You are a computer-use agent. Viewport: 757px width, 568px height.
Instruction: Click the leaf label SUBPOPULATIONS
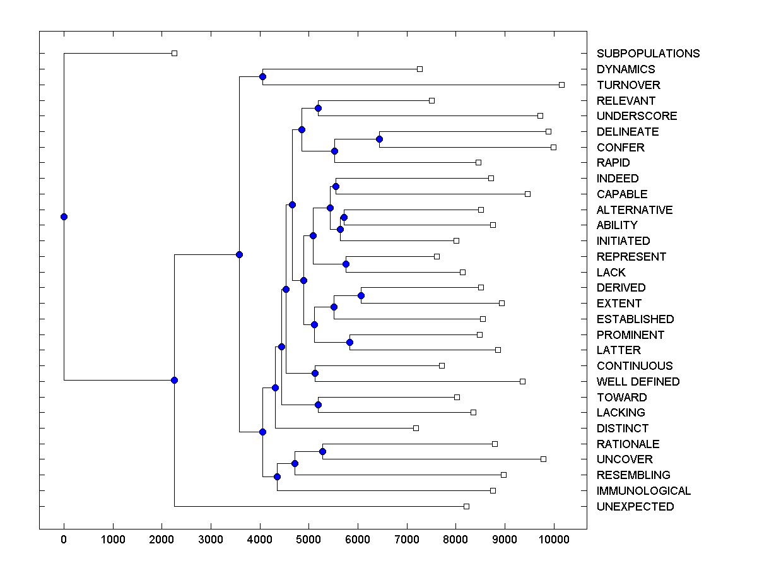648,54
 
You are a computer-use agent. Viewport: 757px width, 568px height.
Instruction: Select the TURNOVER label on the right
628,85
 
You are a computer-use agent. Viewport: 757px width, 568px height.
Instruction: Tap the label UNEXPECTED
635,507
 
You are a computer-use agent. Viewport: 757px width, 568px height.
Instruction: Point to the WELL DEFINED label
638,382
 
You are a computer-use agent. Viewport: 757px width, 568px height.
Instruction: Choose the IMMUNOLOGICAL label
643,491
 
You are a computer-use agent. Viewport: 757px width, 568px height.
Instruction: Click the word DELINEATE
628,132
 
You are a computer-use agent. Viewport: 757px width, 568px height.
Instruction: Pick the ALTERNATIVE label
635,210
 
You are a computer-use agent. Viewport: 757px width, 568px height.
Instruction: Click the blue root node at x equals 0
64,216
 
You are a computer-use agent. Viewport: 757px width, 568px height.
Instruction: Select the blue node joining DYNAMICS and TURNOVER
262,77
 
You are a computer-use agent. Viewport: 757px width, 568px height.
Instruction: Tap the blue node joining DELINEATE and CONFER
379,139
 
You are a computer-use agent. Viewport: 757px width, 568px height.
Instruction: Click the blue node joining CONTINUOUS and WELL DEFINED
315,374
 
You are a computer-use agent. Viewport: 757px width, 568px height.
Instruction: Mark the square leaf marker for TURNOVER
561,85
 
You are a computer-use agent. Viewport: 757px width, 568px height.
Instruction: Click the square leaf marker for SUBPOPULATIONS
175,54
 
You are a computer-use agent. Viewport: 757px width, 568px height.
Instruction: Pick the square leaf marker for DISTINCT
416,429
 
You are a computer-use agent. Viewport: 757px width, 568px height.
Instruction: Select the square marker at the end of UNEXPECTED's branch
466,507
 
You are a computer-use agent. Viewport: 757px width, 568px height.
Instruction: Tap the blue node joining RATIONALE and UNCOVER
322,452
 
